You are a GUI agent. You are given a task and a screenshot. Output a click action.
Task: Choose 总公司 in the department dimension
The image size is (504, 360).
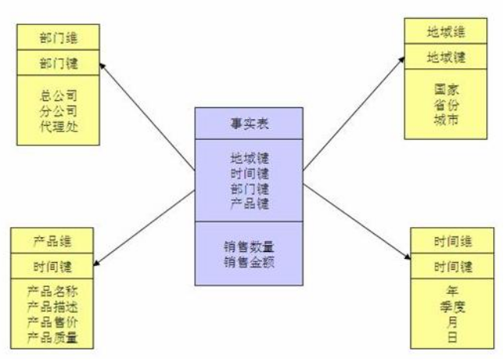[58, 94]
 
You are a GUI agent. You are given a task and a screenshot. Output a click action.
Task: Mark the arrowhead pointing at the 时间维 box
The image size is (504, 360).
[408, 257]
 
